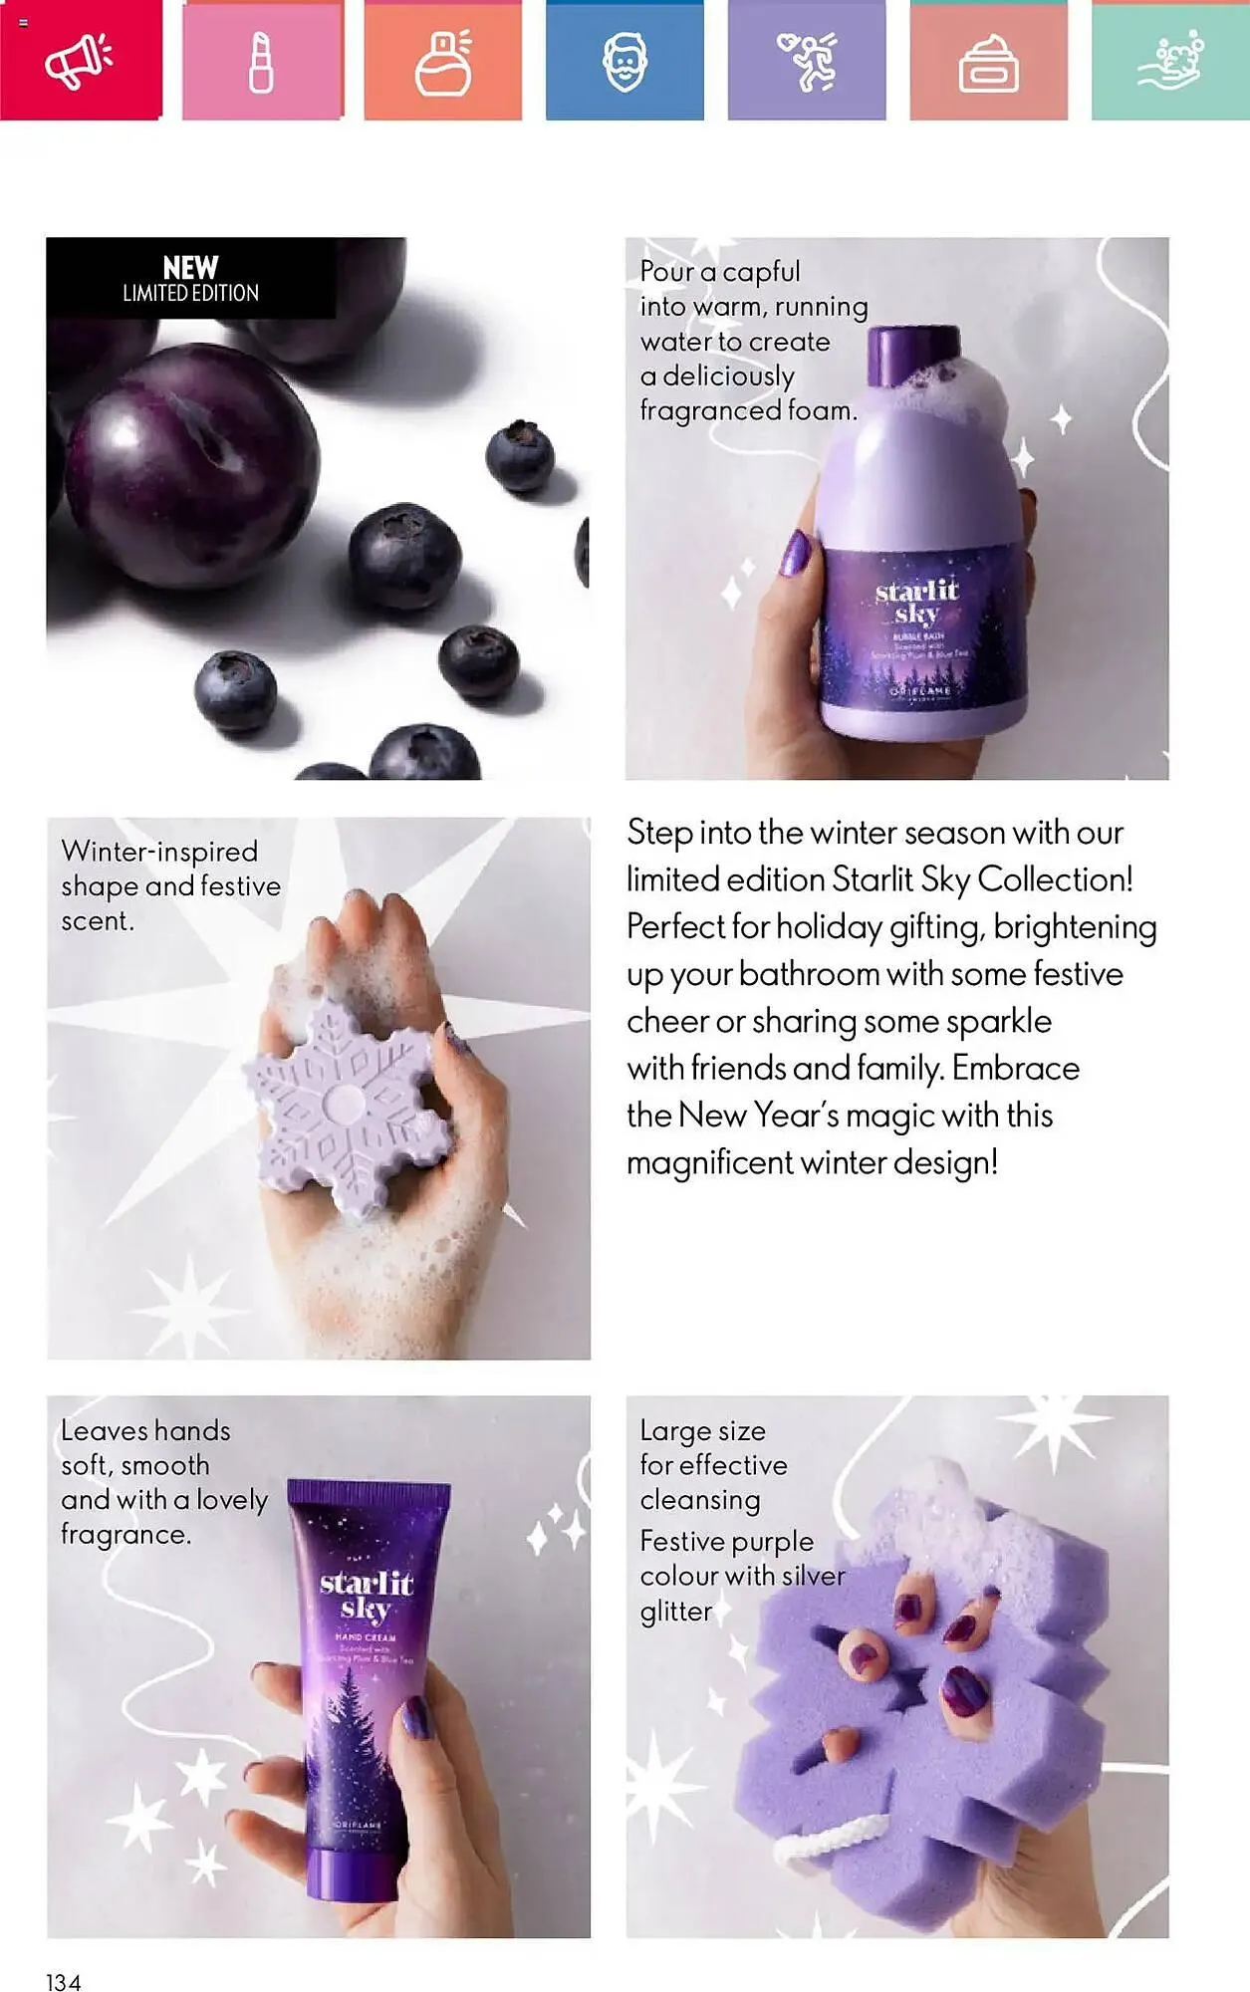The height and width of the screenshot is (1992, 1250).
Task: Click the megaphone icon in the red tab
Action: (x=79, y=62)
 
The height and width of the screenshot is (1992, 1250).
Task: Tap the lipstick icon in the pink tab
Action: (x=261, y=62)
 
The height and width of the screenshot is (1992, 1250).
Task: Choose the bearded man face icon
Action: (x=625, y=62)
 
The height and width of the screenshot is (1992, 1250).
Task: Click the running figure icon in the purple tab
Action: (x=807, y=62)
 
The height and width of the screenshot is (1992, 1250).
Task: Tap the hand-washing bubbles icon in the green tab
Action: (x=1170, y=62)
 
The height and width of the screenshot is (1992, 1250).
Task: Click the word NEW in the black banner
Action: (x=190, y=268)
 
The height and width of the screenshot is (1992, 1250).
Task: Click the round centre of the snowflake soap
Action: (x=346, y=1103)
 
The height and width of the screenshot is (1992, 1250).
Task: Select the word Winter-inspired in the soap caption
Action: (x=159, y=852)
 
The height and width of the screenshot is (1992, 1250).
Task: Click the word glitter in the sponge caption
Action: (x=676, y=1612)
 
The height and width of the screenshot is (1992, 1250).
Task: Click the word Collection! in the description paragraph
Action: (x=1055, y=879)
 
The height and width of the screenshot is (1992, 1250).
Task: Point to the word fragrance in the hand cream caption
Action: (x=125, y=1535)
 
